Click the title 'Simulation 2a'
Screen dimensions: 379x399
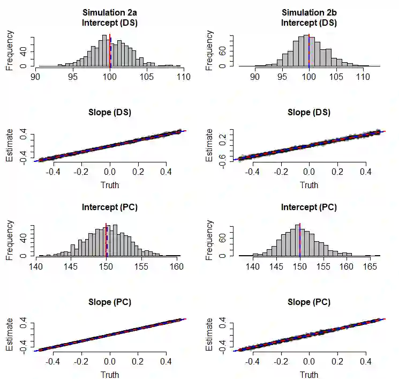click(x=109, y=12)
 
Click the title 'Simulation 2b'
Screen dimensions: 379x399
click(x=309, y=12)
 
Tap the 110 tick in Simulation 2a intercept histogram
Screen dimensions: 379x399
click(x=184, y=77)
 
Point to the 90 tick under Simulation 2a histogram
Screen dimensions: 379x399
click(x=36, y=77)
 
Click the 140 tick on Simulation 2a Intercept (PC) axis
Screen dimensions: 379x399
click(x=36, y=266)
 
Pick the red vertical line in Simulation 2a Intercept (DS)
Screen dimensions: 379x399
click(x=110, y=51)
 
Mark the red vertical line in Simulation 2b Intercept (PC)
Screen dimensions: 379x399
click(x=300, y=240)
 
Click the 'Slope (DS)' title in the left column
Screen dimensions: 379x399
click(x=109, y=113)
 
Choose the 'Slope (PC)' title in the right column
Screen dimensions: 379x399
click(x=309, y=302)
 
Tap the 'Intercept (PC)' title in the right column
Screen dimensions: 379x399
click(x=309, y=207)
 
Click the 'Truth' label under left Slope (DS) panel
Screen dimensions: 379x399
click(x=109, y=185)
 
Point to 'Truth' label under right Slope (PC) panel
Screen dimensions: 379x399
click(x=309, y=375)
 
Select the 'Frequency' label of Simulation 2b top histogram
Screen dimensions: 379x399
click(x=209, y=50)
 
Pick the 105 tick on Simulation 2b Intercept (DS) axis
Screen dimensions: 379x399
click(x=336, y=77)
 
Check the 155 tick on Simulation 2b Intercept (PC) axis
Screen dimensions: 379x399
click(x=323, y=266)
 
